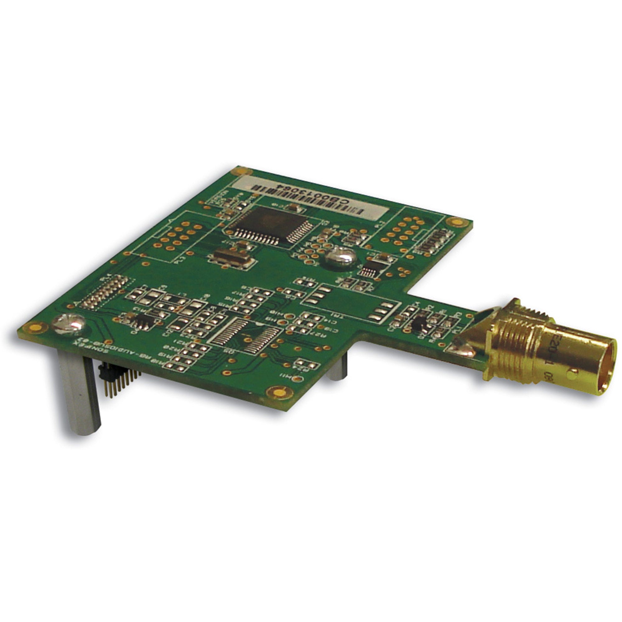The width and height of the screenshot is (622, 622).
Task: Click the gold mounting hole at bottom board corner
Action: (277, 392)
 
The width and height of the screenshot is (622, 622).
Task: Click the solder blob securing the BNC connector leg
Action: (464, 349)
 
